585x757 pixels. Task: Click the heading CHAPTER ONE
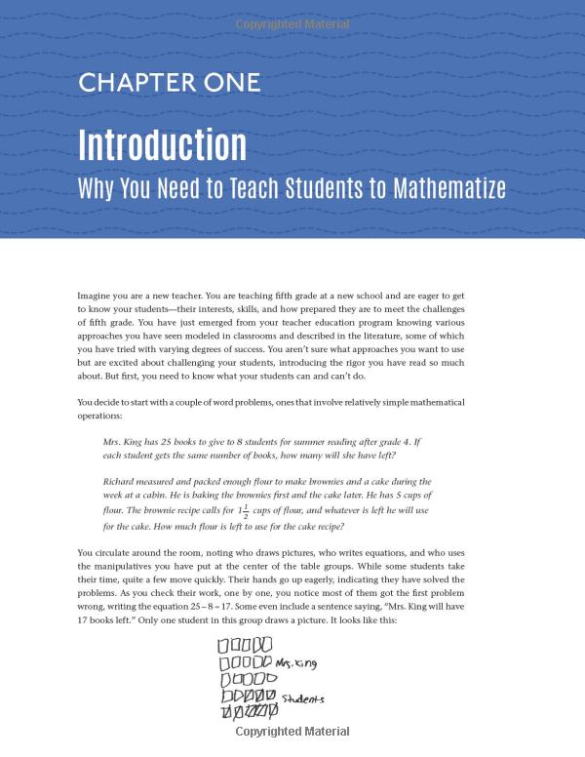(169, 83)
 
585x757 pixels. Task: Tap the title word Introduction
(162, 144)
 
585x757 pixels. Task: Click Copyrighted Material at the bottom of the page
(292, 731)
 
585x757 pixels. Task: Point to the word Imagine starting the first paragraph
(95, 294)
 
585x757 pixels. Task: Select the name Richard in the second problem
(120, 481)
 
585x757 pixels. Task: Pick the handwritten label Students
(303, 698)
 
